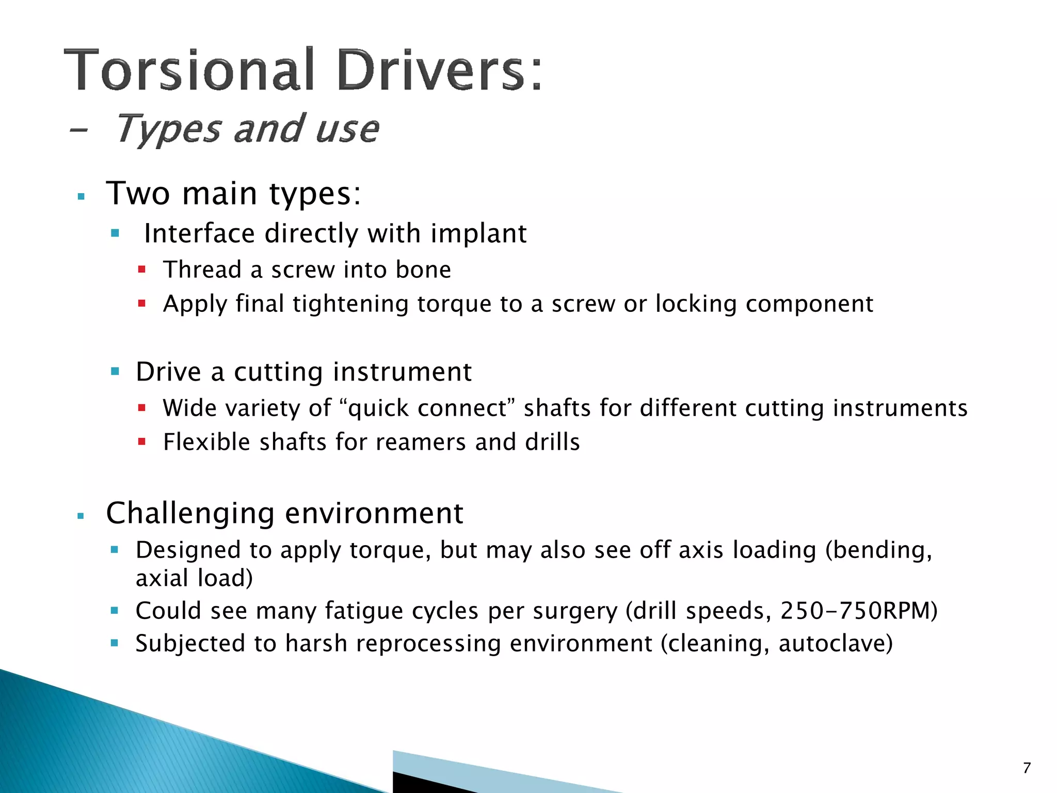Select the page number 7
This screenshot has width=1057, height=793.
click(x=1027, y=768)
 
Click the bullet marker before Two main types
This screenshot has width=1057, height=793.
click(x=81, y=197)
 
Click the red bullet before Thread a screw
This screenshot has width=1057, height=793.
click(x=142, y=269)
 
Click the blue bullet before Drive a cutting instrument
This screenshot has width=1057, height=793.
click(x=115, y=371)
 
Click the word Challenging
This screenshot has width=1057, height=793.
click(x=190, y=513)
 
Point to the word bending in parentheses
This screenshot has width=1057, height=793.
click(x=878, y=550)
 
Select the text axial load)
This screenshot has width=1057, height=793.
click(x=194, y=578)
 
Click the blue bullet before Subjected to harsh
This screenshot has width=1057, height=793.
click(x=115, y=643)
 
